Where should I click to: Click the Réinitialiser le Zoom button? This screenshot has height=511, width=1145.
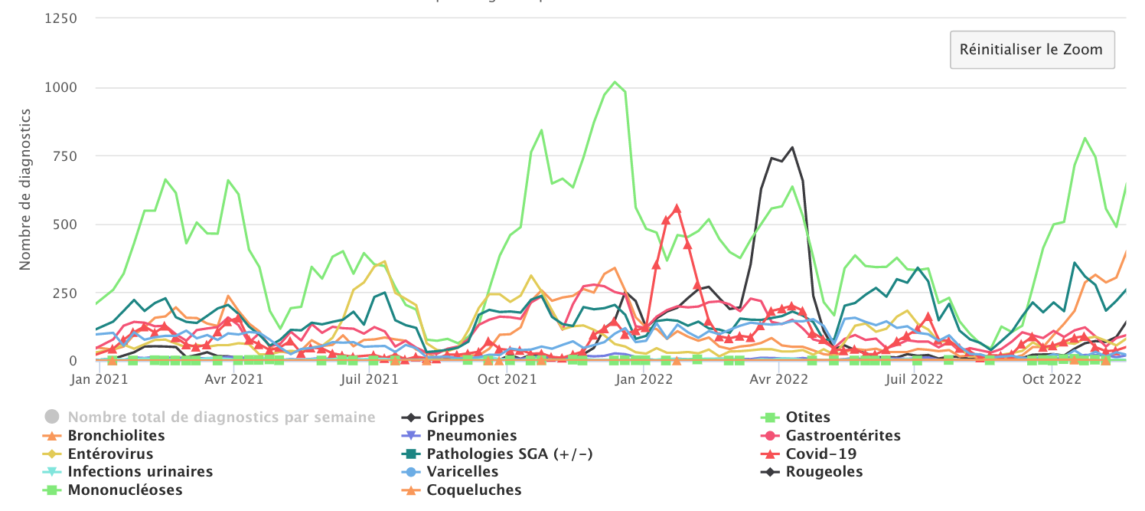1032,50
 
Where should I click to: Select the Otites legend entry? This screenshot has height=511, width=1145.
807,418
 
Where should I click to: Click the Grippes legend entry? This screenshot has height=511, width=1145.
455,418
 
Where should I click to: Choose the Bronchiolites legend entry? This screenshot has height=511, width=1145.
116,436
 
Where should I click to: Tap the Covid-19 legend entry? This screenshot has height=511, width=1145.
820,454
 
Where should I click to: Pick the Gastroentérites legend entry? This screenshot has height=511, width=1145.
843,436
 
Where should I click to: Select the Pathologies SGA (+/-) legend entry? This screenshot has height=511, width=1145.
510,454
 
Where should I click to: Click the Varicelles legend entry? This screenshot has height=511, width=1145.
462,472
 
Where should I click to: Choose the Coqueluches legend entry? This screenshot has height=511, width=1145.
474,490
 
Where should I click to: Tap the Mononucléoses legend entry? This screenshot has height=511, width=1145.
125,490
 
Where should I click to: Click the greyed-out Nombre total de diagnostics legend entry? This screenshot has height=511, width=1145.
221,418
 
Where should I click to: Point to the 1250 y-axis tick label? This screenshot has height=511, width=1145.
61,19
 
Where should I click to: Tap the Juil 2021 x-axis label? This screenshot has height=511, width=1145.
371,378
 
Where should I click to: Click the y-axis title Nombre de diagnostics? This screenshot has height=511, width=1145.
24,189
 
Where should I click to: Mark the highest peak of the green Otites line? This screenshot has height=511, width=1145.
615,81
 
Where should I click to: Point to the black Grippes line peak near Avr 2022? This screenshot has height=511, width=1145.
792,147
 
